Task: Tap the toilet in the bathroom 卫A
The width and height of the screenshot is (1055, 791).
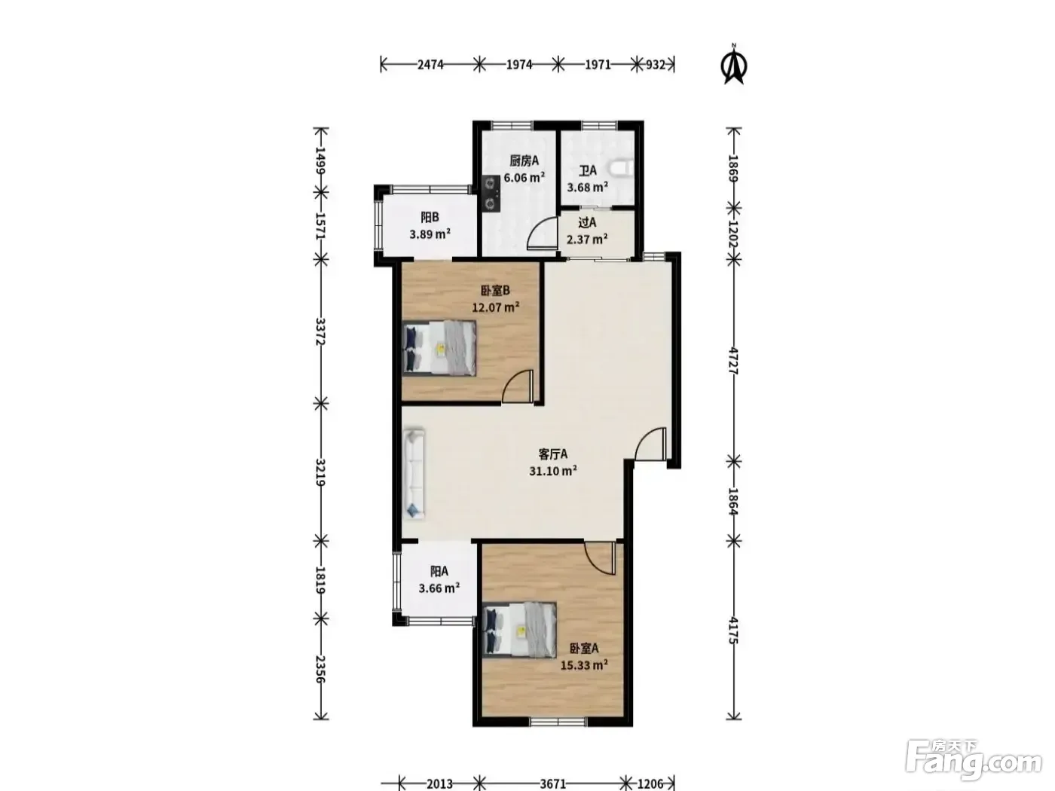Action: [x=622, y=169]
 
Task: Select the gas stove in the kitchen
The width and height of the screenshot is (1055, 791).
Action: [x=491, y=193]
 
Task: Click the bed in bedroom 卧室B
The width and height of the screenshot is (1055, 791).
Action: [x=439, y=347]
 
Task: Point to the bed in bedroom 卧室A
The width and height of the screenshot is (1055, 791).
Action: [x=519, y=630]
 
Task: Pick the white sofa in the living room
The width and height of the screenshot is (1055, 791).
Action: [x=414, y=474]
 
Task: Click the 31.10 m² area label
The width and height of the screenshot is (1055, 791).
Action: [x=552, y=471]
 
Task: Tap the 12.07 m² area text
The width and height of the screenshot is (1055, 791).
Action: [x=495, y=307]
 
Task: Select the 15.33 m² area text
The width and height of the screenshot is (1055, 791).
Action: [x=584, y=665]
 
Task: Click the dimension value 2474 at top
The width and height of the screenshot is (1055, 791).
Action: [x=430, y=64]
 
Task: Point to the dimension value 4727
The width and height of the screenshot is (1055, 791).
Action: [x=733, y=361]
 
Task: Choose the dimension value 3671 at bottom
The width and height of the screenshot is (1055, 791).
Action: [x=552, y=784]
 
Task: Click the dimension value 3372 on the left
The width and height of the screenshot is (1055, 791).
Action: [x=321, y=331]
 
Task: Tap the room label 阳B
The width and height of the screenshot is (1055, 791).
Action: [x=430, y=218]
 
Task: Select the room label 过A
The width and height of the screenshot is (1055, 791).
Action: [x=587, y=223]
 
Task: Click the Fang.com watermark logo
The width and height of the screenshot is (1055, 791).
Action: [x=974, y=764]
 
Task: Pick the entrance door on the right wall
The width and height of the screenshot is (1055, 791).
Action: [x=651, y=444]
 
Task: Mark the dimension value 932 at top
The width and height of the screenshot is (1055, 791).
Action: [x=655, y=64]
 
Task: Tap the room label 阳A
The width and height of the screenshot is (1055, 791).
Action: [x=439, y=572]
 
